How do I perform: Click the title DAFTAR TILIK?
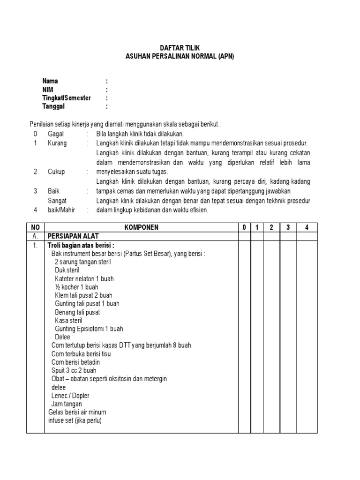click(x=180, y=48)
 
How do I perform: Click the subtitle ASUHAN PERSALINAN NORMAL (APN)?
click(x=180, y=56)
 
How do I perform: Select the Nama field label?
click(x=50, y=81)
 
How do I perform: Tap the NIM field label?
click(x=48, y=90)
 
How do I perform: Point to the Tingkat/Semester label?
click(x=67, y=98)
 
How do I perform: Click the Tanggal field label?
click(x=53, y=106)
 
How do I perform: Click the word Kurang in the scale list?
click(x=57, y=143)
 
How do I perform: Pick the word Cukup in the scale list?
click(x=56, y=172)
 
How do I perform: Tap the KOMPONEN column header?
click(x=141, y=227)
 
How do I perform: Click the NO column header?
click(x=35, y=227)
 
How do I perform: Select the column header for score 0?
click(x=244, y=227)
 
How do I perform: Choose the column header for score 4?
click(x=306, y=227)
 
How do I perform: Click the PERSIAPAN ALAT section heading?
click(x=73, y=236)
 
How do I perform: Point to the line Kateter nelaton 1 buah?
click(x=84, y=278)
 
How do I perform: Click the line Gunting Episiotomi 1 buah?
click(x=89, y=329)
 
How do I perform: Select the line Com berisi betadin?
click(x=75, y=362)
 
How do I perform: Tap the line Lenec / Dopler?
click(x=70, y=396)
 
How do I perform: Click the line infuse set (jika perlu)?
click(x=75, y=420)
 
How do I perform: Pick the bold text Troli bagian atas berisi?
click(x=81, y=245)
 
